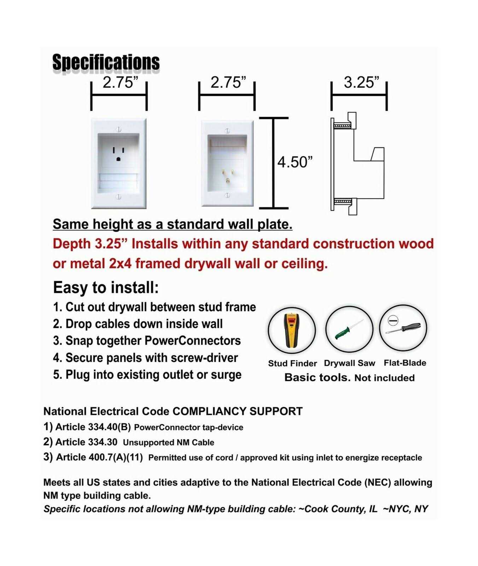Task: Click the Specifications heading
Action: click(106, 62)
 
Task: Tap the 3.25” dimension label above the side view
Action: click(361, 82)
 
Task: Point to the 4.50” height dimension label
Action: click(295, 162)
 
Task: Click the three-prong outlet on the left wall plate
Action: click(118, 154)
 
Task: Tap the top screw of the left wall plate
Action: click(119, 129)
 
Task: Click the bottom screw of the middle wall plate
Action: click(227, 195)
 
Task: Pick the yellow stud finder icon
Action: click(292, 329)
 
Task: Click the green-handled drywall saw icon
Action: click(349, 329)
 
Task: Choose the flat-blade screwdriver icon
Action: click(403, 328)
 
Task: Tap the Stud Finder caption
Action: click(292, 363)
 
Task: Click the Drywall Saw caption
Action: click(349, 363)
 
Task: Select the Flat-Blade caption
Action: click(405, 363)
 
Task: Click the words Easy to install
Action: click(106, 287)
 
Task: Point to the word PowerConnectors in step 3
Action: click(193, 341)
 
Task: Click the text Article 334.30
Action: click(86, 442)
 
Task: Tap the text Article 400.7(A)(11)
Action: click(99, 457)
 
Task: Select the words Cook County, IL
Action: click(340, 509)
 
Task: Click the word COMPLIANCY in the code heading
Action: click(209, 411)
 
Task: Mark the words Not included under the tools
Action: click(384, 378)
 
